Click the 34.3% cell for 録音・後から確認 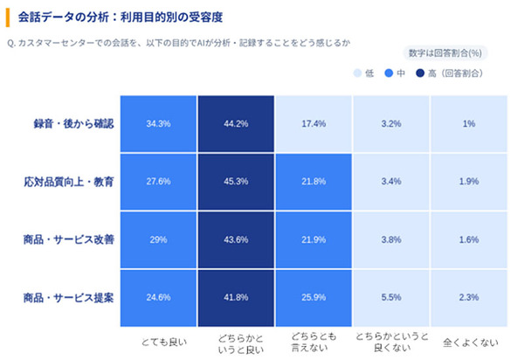pos(159,124)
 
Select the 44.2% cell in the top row pos(236,124)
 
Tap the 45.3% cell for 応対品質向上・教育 pos(236,182)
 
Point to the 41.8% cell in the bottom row pos(236,298)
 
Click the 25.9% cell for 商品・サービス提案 pos(314,298)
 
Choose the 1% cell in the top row pos(469,124)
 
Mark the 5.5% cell pos(391,298)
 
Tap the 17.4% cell pos(314,124)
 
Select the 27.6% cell pos(159,182)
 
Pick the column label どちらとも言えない pos(314,342)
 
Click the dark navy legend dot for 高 pos(421,73)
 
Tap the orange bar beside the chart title pos(7,16)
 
